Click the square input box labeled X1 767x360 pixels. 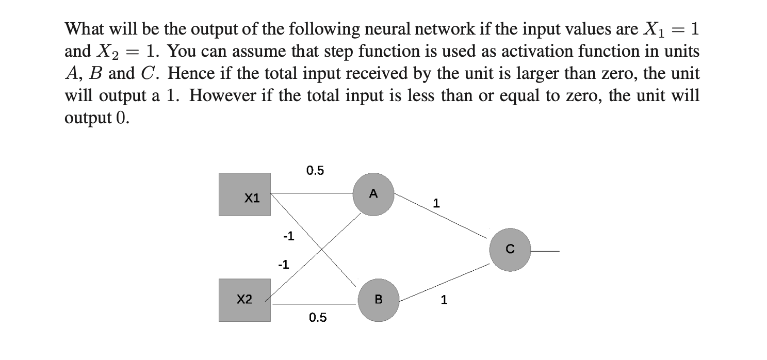coord(244,194)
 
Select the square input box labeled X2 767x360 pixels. coord(244,300)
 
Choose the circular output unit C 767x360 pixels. coord(510,250)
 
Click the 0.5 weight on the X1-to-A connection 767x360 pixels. coord(315,171)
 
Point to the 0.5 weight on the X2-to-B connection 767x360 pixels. coord(318,318)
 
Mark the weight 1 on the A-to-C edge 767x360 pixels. coord(436,204)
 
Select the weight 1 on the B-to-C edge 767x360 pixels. coord(444,299)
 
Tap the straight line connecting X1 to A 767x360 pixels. coord(312,193)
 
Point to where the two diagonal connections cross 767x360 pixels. coord(322,249)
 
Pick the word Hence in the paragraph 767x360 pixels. coord(187,74)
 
